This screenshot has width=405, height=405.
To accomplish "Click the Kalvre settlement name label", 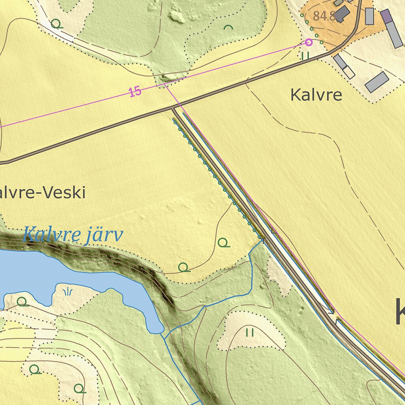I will coord(316,95).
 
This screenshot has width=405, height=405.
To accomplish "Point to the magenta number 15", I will coord(135,92).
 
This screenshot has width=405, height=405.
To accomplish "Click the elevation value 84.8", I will coord(324,16).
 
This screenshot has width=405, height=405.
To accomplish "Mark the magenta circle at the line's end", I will coord(309,42).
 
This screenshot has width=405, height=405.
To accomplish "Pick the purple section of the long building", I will coord(386,16).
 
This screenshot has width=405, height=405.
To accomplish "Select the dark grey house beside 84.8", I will coord(343,14).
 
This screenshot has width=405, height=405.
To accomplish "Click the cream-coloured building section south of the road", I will coord(348,72).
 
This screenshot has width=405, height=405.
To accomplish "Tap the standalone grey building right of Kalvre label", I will coord(377,82).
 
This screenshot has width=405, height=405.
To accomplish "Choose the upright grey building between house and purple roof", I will coord(369,16).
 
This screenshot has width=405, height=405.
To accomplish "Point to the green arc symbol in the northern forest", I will coord(228,27).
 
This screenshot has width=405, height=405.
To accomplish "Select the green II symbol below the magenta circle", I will coord(305,56).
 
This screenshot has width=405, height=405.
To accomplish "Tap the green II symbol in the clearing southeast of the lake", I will coord(250,332).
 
